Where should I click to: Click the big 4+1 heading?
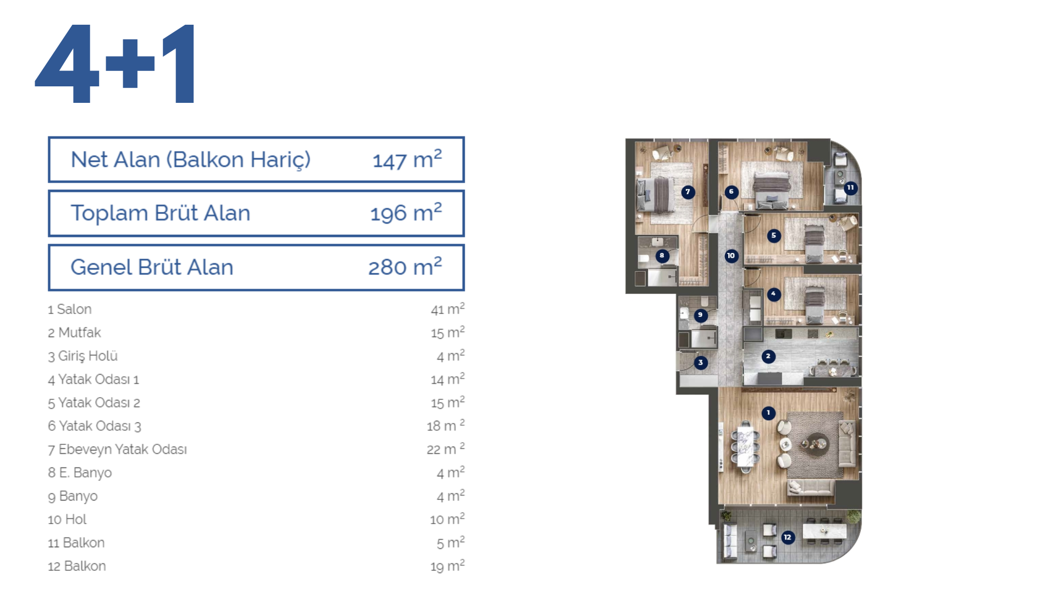(114, 63)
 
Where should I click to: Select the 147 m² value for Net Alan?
(407, 159)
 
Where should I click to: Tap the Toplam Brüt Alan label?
(161, 213)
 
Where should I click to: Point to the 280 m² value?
(405, 267)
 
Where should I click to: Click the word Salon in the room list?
(74, 309)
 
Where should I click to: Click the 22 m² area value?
(446, 449)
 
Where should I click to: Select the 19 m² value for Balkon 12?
(448, 566)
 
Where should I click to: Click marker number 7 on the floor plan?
(687, 192)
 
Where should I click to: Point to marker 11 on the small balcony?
(850, 188)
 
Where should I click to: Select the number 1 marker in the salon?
(768, 413)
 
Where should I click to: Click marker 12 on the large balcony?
(788, 537)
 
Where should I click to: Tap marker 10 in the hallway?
(731, 256)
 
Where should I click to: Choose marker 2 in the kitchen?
(768, 356)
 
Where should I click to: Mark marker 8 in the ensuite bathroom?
(662, 256)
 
